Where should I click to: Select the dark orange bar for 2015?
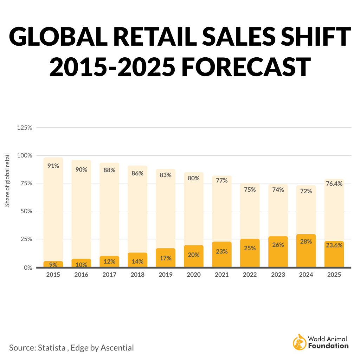(x=53, y=264)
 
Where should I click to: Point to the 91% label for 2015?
(x=53, y=166)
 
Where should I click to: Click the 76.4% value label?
(x=334, y=184)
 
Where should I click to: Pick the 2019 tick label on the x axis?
(x=165, y=275)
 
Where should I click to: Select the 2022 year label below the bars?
(x=250, y=275)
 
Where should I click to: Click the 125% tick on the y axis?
(x=25, y=128)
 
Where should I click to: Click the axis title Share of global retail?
(x=7, y=180)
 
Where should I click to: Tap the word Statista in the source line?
(x=51, y=348)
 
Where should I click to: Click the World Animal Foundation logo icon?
(x=299, y=342)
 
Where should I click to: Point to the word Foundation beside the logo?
(x=328, y=346)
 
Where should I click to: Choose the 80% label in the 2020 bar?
(x=193, y=178)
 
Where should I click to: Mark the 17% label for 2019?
(x=165, y=258)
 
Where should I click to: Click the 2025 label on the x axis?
(x=334, y=275)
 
